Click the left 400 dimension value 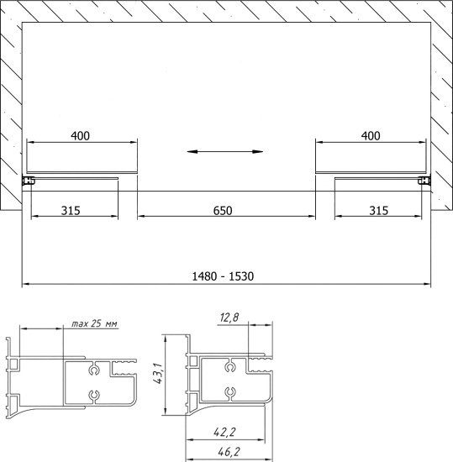pyautogui.click(x=80, y=136)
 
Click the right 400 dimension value pyautogui.click(x=371, y=136)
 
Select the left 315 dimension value pyautogui.click(x=71, y=211)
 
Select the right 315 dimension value pyautogui.click(x=379, y=211)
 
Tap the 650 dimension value pyautogui.click(x=223, y=211)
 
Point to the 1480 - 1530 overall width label pyautogui.click(x=223, y=276)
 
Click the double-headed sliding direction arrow pyautogui.click(x=225, y=152)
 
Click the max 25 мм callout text pyautogui.click(x=94, y=323)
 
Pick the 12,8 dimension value pyautogui.click(x=229, y=318)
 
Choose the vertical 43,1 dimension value pyautogui.click(x=158, y=373)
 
